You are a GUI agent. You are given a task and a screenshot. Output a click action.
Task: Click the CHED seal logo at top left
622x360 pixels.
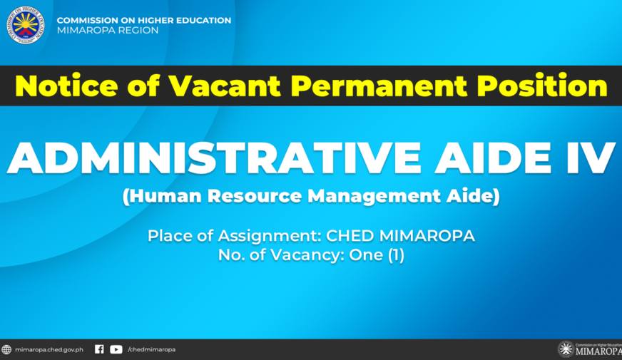[26, 25]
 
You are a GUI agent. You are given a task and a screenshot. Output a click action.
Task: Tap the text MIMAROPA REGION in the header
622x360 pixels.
[108, 31]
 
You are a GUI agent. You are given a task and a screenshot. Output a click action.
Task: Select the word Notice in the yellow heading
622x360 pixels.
[66, 86]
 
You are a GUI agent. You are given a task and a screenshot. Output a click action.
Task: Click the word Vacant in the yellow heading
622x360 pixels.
[225, 86]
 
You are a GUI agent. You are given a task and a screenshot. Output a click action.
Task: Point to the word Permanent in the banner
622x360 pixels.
[379, 86]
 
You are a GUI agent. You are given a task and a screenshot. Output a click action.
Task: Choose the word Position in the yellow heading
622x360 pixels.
[542, 86]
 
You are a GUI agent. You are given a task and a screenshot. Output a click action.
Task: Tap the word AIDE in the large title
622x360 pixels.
[493, 158]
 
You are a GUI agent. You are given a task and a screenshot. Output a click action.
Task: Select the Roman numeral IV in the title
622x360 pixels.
[590, 158]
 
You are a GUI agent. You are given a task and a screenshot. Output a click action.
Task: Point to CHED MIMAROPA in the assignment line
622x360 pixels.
[400, 236]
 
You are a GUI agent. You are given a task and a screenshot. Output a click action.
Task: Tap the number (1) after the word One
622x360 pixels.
[396, 255]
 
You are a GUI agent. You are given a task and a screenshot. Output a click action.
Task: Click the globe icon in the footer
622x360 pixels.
[6, 350]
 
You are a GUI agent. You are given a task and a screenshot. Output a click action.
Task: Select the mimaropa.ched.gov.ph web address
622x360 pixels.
[49, 350]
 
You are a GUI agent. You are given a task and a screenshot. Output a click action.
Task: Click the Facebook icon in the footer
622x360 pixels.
[99, 349]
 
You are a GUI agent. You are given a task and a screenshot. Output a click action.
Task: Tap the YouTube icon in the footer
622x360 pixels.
[116, 349]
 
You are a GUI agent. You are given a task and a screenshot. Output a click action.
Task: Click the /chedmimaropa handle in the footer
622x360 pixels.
[151, 350]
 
